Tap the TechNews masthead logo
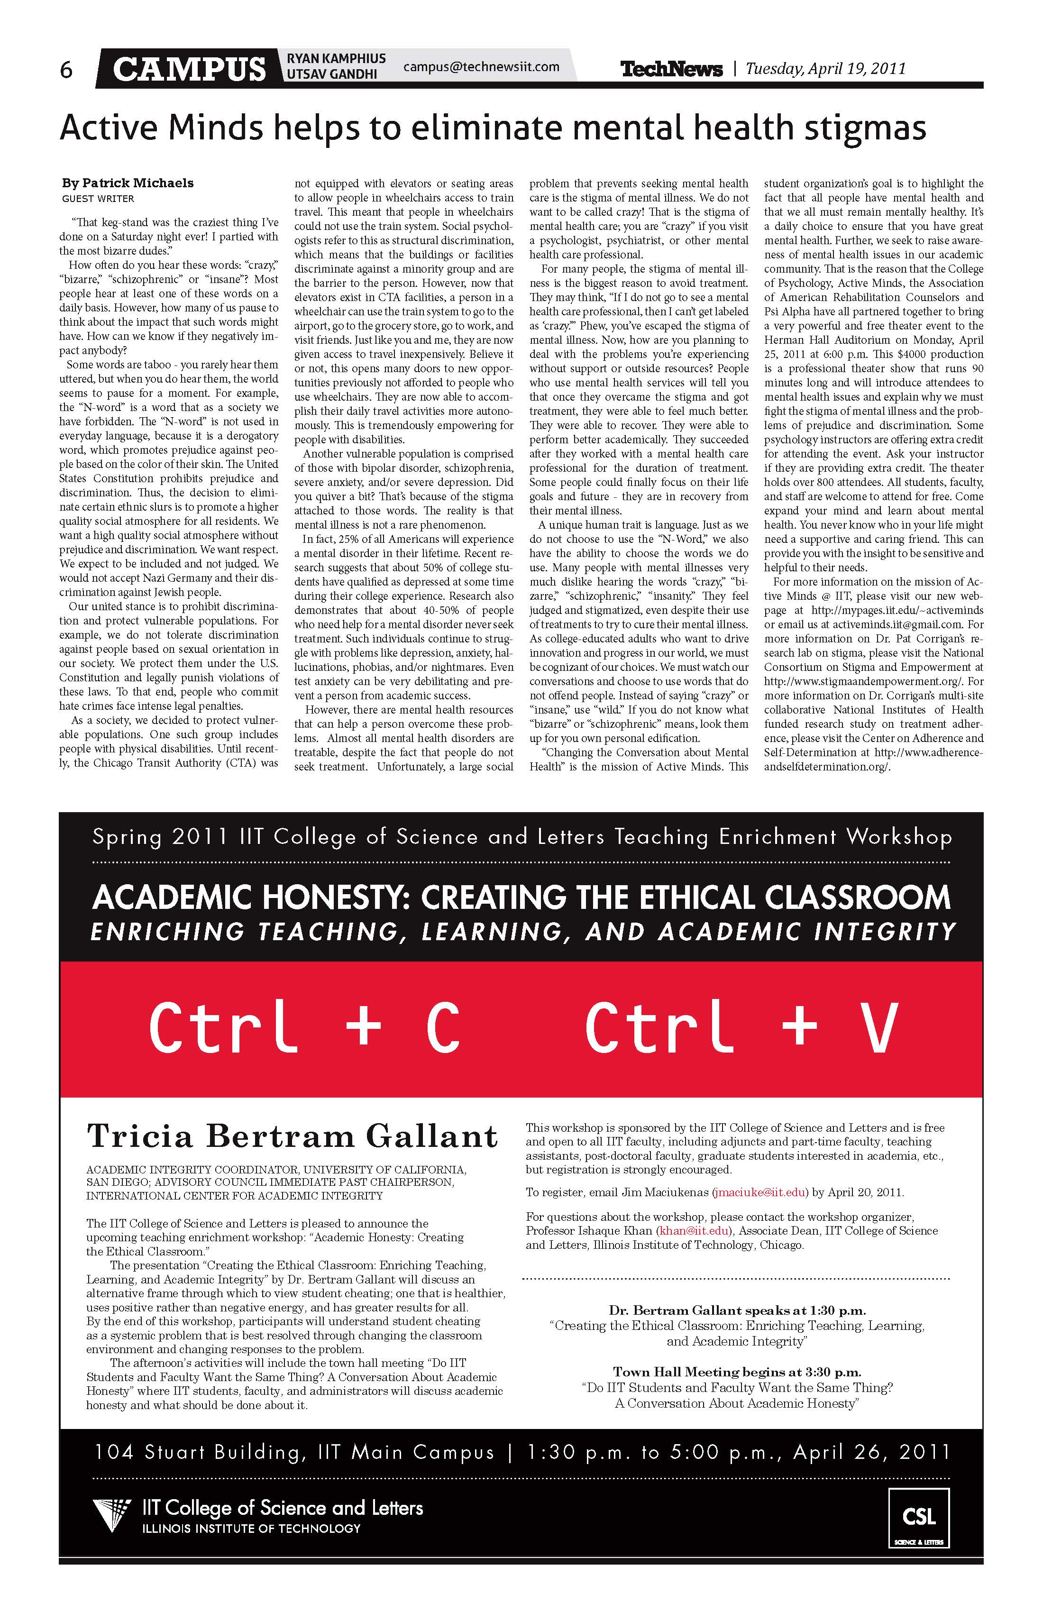671,69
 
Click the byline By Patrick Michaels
128,183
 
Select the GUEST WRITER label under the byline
98,199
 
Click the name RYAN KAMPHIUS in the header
336,59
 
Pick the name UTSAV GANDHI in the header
331,74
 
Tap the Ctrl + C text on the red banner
305,1028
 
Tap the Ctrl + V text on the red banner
741,1028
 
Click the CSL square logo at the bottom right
919,1518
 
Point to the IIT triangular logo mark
112,1517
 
